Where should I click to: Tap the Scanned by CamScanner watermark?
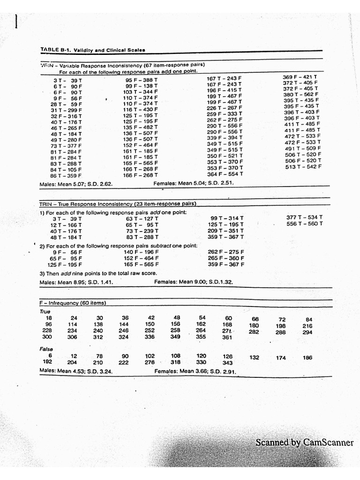coord(304,442)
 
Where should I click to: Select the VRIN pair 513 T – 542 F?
coord(303,166)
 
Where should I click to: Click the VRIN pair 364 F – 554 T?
coord(225,174)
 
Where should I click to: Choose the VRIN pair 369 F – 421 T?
coord(300,76)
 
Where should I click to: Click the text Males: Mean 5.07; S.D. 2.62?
coord(76,184)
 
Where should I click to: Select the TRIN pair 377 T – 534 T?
coord(304,217)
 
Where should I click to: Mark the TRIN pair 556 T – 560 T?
coord(304,224)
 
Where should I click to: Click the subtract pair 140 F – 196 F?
coord(141,252)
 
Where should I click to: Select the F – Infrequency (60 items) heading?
coord(73,303)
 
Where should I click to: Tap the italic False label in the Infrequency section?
coord(46,349)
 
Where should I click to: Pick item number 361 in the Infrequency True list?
coord(227,337)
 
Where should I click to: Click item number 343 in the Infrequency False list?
coord(228,363)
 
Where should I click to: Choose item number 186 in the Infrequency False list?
coord(307,358)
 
